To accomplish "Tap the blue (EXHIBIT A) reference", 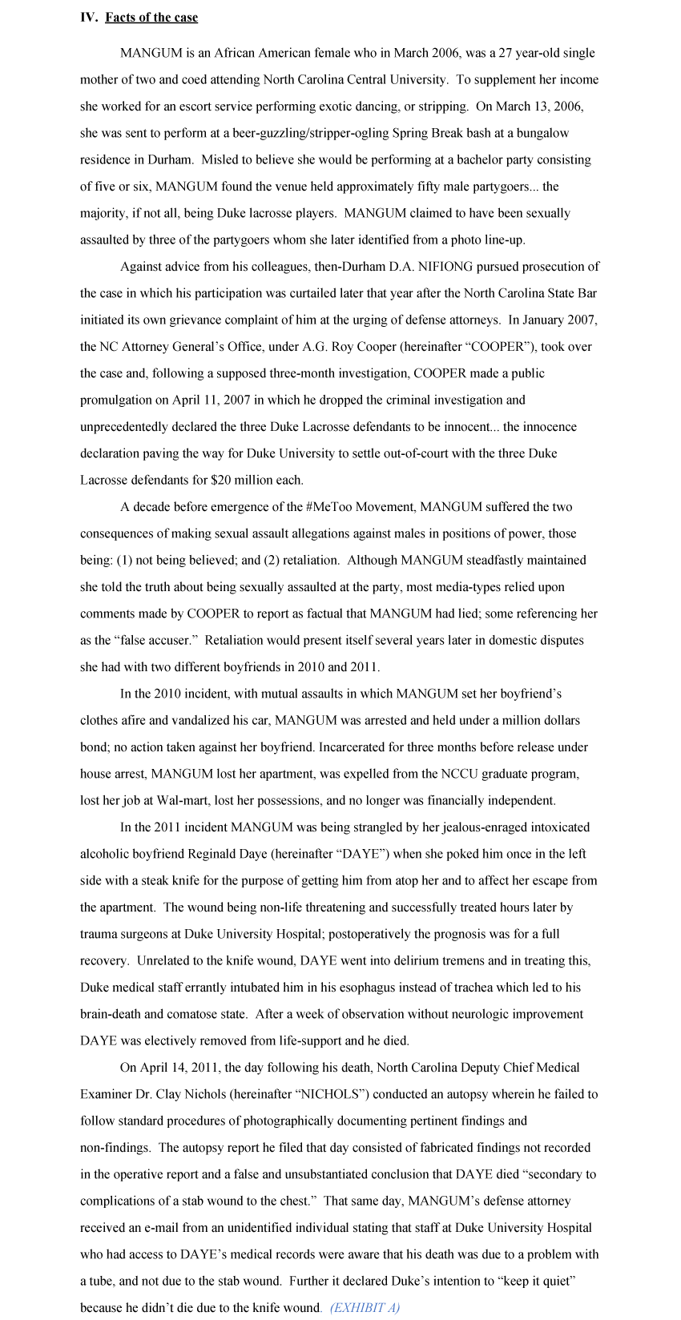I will point(365,1308).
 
